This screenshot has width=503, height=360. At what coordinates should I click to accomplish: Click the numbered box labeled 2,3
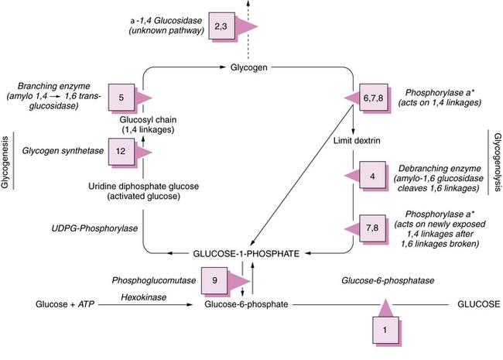point(221,26)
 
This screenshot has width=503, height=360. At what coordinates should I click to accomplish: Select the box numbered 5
point(121,98)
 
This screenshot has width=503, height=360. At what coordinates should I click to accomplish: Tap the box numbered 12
point(121,152)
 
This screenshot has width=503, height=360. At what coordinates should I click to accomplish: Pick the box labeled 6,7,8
point(374,98)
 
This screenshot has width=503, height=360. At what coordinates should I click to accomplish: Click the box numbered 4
point(372,175)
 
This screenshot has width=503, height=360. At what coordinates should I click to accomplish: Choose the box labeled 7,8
point(372,228)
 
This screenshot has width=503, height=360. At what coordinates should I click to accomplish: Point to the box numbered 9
point(214,280)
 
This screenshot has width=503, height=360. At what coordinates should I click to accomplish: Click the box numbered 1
point(385,330)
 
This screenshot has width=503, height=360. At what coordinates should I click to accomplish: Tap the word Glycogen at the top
point(249,67)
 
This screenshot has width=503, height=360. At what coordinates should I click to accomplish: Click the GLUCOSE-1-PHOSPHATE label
point(246,254)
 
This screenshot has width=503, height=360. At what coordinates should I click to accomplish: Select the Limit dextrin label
point(357,141)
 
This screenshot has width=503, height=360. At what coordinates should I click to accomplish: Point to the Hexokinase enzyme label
point(144,297)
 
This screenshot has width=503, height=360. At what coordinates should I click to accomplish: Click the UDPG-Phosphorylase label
point(94,228)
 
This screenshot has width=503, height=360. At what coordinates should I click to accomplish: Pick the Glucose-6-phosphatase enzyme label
point(388,281)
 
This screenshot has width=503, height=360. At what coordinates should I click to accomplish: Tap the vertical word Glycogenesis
point(5,163)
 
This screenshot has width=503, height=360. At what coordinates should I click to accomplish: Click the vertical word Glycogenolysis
point(498,163)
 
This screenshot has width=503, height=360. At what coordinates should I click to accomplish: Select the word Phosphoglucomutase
point(154,281)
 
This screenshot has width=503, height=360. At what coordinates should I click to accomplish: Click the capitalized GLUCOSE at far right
point(478,303)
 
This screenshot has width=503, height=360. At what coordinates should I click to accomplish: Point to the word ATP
point(87,303)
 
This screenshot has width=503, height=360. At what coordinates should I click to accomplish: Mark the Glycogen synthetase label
point(63,151)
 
